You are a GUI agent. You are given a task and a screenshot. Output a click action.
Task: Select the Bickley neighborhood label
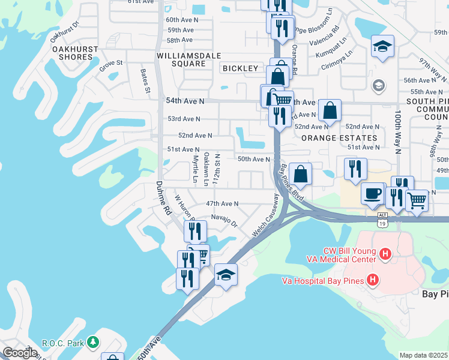[240, 68]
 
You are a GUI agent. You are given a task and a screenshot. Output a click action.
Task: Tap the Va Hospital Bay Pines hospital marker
[373, 280]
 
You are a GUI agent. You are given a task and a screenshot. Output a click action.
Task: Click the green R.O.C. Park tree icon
[92, 342]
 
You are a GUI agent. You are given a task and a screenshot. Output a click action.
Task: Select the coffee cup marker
[373, 194]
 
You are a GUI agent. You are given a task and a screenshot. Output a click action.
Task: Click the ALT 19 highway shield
[382, 219]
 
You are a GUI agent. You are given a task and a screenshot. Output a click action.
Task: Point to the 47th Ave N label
[222, 204]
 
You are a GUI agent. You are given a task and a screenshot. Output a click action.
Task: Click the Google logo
[20, 353]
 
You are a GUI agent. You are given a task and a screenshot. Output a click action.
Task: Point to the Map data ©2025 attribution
[424, 355]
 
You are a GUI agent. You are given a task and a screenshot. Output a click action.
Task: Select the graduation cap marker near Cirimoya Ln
[382, 46]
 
